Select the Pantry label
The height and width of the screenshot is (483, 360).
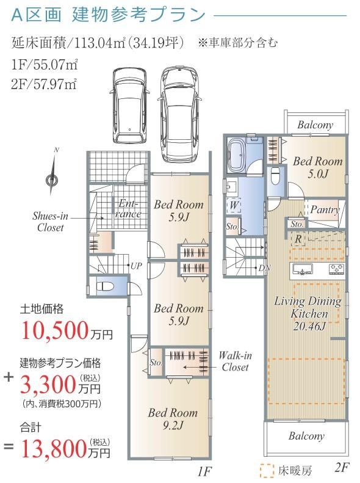325,210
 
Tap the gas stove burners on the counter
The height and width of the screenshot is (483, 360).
336,269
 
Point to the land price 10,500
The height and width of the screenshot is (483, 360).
54,330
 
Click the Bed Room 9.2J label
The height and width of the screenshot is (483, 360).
173,419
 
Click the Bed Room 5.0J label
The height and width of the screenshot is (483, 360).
318,167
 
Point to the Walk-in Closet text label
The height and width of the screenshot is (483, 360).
235,361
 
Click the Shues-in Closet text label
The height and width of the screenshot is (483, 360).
50,222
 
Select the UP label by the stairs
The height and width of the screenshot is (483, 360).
136,266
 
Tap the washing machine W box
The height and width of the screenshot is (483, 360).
234,205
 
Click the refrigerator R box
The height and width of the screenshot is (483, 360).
298,239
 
